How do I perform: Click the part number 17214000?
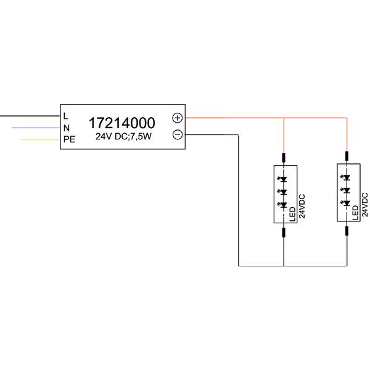tap(121, 123)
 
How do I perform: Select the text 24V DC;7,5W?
tap(123, 137)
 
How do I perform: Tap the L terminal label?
tap(66, 116)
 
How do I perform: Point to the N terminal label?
tap(67, 128)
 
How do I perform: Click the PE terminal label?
tap(69, 139)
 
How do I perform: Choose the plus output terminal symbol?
tap(178, 118)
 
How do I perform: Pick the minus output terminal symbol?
tap(178, 134)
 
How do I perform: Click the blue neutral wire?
tap(36, 128)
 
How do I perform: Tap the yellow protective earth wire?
tap(39, 140)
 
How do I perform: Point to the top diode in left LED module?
tap(283, 179)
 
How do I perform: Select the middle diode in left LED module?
tap(283, 192)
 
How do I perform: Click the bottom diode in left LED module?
tap(283, 205)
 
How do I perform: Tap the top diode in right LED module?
tap(347, 178)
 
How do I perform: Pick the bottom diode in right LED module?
tap(347, 203)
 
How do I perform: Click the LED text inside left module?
tap(292, 214)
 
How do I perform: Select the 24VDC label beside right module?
tap(364, 205)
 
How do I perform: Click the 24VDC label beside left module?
tap(302, 206)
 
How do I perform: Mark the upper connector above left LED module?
tap(284, 158)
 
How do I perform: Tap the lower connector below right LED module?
tap(347, 231)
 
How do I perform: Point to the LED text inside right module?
tap(355, 213)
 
